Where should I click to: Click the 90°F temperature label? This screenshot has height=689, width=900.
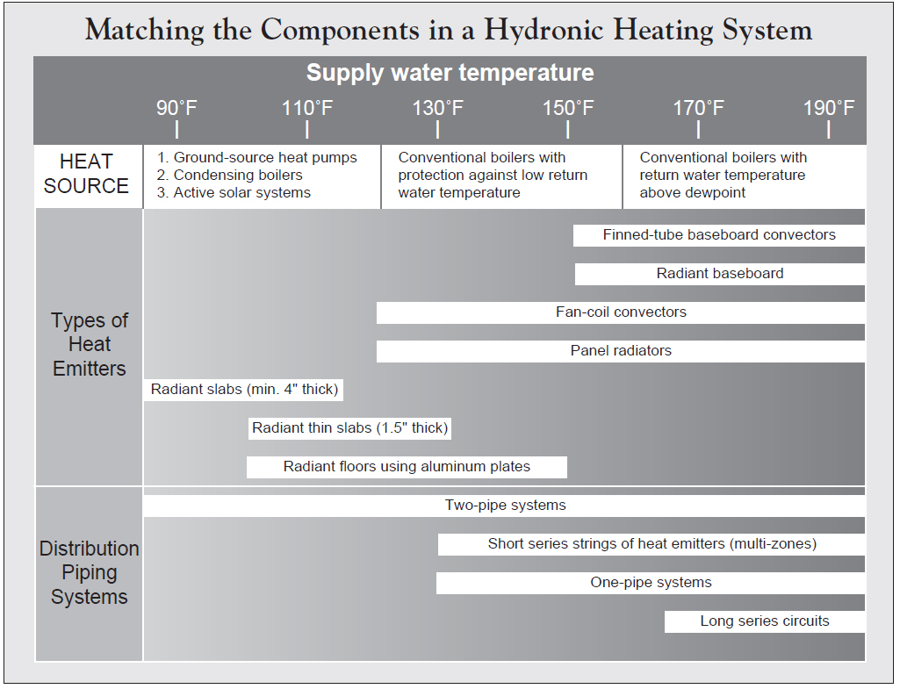177,109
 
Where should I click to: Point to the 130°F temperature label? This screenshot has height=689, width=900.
437,109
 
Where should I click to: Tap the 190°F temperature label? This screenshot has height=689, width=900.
828,109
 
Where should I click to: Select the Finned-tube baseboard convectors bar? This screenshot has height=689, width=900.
719,235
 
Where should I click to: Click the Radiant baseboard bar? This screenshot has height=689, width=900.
720,274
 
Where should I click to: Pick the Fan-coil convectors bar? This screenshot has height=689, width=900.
621,312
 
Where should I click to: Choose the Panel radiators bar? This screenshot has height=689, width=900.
621,351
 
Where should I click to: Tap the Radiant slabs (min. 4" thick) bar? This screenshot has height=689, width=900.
243,390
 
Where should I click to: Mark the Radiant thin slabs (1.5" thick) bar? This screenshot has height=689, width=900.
349,428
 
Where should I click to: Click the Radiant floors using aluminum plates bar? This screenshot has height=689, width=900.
407,467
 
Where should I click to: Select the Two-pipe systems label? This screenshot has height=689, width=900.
505,506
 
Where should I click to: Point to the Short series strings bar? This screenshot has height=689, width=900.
652,544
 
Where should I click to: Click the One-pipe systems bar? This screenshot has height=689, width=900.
651,583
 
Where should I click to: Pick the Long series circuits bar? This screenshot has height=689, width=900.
764,621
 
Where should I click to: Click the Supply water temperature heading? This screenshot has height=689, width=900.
450,73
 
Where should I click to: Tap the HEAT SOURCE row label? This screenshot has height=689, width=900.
86,174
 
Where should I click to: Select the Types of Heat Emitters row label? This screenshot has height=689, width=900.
89,344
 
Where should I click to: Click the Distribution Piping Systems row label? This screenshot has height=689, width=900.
89,572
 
